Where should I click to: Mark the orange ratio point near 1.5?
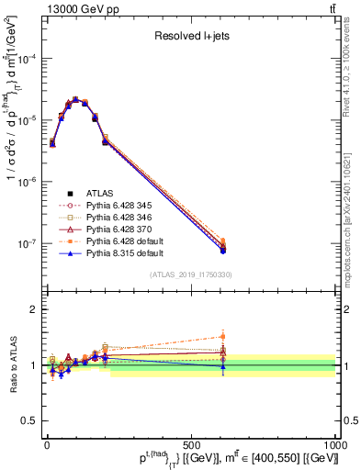(x=223, y=336)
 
